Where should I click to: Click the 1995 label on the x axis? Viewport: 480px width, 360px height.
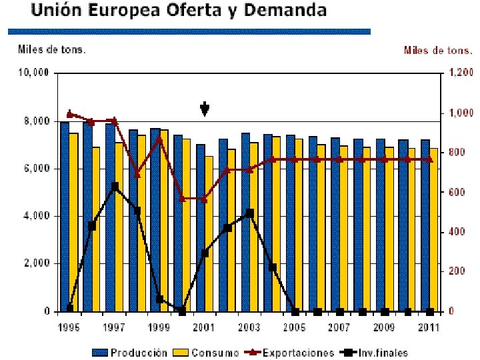(x=69, y=327)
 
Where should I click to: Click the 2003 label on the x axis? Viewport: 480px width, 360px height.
(x=249, y=327)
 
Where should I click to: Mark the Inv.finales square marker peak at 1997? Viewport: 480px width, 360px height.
(x=115, y=187)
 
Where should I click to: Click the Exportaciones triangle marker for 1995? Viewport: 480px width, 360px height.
(x=69, y=114)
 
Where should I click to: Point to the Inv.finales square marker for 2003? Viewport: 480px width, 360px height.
(x=250, y=213)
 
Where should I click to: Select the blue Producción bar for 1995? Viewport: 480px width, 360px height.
(x=65, y=217)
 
